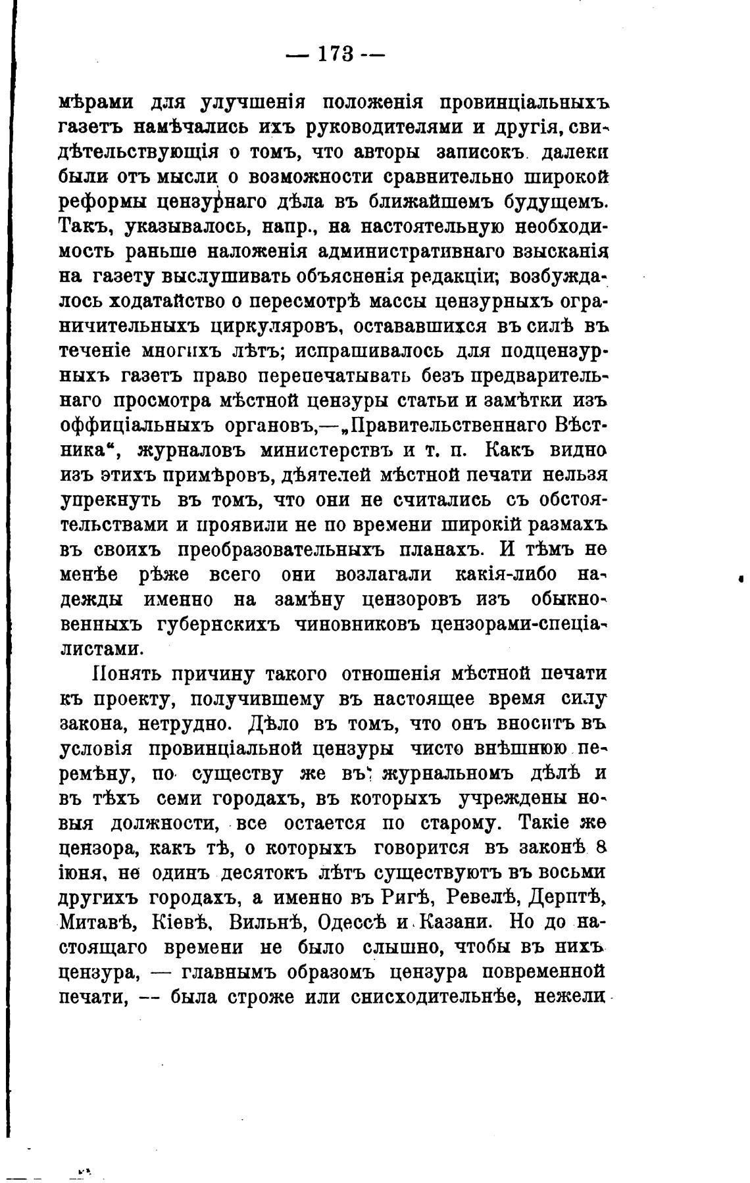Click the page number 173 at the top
336,53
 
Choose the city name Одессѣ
352,922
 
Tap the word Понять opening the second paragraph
126,675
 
